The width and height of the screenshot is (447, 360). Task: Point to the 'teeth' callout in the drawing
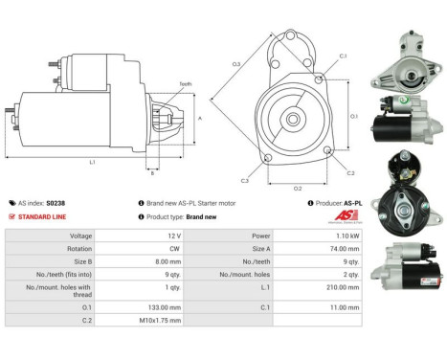[186, 84]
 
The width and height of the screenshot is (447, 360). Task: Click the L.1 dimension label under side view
[92, 163]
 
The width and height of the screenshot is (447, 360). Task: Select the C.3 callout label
[246, 179]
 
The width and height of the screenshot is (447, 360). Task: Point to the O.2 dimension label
[297, 188]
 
